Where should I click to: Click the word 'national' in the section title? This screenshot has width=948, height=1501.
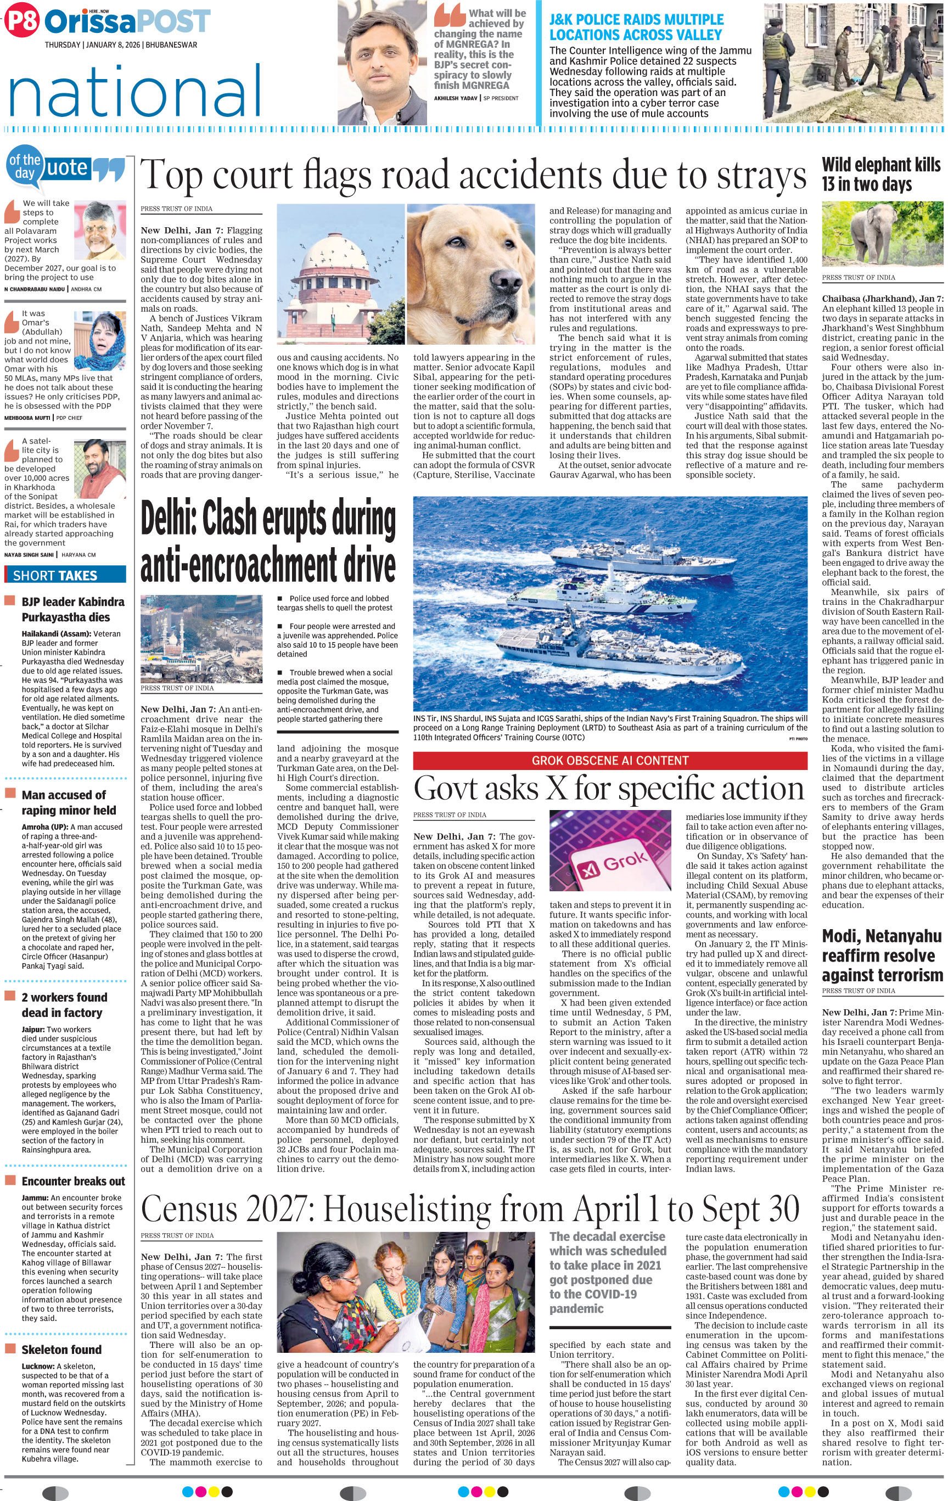(134, 92)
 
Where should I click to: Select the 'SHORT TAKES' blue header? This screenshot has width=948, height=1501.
(65, 575)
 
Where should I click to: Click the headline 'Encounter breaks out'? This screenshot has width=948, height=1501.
(73, 1180)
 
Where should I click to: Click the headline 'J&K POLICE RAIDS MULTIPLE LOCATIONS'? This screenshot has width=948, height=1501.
(636, 27)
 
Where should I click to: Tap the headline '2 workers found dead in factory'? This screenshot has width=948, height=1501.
(64, 1005)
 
